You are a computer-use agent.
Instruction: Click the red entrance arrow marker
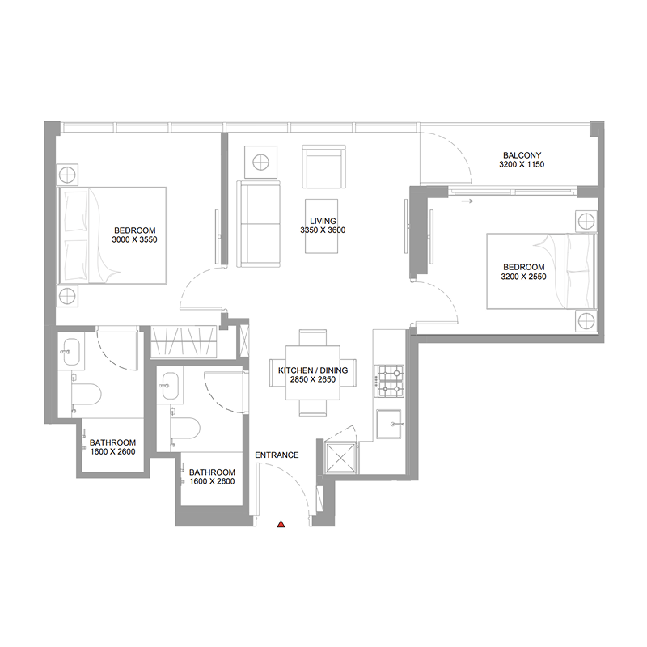(x=281, y=525)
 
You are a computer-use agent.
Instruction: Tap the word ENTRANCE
(x=277, y=455)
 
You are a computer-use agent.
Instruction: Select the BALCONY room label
(x=522, y=155)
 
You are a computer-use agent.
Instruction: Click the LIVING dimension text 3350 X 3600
(x=323, y=230)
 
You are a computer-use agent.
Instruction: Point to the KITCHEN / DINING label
(x=312, y=370)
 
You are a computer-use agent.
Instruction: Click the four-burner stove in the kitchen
(x=390, y=381)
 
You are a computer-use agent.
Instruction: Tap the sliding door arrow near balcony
(x=467, y=201)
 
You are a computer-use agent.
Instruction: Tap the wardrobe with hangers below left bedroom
(x=185, y=342)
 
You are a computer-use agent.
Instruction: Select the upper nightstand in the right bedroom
(x=586, y=222)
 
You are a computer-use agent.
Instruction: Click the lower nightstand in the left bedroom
(x=68, y=296)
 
